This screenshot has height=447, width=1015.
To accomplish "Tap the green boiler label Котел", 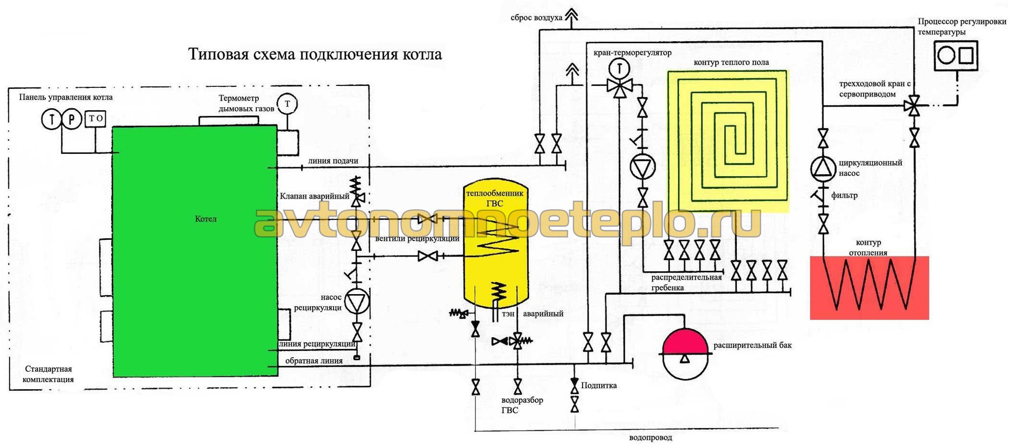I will click(206, 219).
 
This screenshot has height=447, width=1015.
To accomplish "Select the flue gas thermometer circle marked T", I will click(287, 104).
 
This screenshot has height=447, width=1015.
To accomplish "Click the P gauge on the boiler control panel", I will click(72, 119).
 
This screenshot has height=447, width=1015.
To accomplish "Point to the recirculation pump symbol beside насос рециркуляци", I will click(357, 302).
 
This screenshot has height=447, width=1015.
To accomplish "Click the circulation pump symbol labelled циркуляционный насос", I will click(823, 169).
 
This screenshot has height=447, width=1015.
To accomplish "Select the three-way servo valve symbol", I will click(914, 107).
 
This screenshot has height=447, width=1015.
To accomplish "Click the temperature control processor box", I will click(956, 55).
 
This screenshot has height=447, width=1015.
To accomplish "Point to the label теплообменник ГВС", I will click(495, 198).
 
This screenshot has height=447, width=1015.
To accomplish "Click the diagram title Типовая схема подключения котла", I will click(315, 54).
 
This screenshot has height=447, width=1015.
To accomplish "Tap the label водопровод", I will click(650, 437).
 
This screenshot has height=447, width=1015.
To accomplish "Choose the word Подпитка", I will click(599, 386).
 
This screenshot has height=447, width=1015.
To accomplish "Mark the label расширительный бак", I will click(752, 345).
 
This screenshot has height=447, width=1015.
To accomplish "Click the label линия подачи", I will click(333, 161).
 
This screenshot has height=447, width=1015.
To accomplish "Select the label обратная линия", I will click(314, 361).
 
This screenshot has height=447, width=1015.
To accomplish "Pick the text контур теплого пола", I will click(731, 62).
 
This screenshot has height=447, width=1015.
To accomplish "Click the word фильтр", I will click(844, 195).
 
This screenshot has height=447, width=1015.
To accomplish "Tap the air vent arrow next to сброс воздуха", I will click(572, 15).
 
